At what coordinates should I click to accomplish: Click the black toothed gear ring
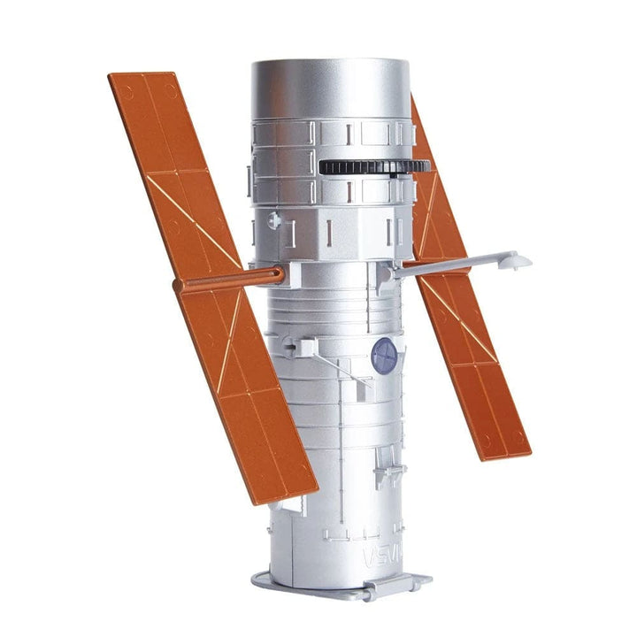click(x=372, y=166)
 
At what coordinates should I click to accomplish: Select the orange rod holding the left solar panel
click(x=226, y=280)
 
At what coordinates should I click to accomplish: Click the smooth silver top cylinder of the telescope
click(x=329, y=88)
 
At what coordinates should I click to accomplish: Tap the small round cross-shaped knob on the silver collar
click(x=275, y=219)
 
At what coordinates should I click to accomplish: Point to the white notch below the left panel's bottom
click(x=281, y=508)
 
